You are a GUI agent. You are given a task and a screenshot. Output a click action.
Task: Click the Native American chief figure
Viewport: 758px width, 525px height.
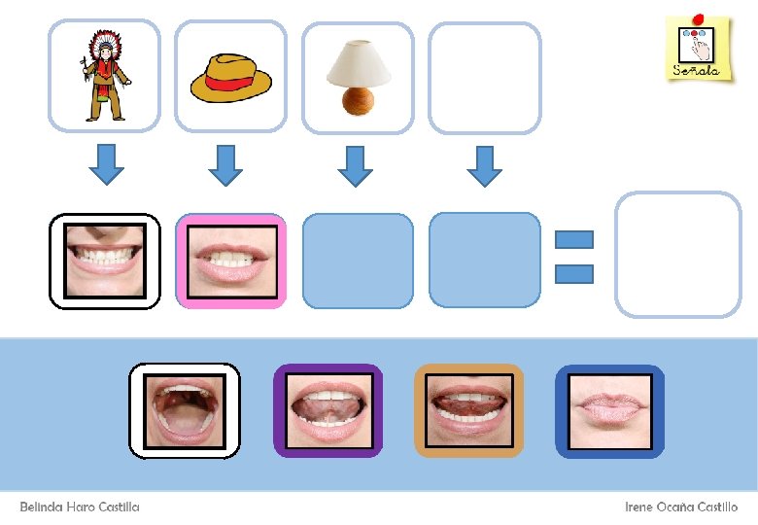[x=103, y=76]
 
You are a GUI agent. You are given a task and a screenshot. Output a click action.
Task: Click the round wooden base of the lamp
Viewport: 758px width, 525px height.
[x=358, y=99]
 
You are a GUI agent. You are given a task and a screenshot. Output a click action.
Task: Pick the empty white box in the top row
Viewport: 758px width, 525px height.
[x=484, y=78]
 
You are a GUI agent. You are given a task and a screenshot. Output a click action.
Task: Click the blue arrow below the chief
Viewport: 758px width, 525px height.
[x=106, y=164]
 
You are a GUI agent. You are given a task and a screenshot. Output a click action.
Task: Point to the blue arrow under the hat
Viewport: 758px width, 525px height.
[x=225, y=164]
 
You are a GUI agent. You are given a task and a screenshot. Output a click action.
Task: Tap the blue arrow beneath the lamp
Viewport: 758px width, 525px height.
[x=355, y=165]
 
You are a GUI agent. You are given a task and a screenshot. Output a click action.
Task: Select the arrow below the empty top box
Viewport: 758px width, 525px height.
[x=484, y=165]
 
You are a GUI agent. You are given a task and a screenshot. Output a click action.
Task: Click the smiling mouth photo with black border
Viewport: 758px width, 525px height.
[x=105, y=261]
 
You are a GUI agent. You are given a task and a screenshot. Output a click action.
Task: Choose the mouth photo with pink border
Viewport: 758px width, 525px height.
[x=231, y=261]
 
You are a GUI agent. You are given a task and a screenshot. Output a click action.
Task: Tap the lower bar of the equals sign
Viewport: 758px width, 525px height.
[x=573, y=273]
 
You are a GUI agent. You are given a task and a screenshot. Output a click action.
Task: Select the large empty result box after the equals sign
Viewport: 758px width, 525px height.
[x=677, y=254]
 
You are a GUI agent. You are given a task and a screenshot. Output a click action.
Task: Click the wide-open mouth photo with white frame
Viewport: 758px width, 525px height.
[x=185, y=410]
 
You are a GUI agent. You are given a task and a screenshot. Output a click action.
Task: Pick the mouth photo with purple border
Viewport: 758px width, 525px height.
[x=327, y=410]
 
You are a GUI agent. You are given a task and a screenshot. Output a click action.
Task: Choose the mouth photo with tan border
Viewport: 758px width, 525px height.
[x=469, y=410]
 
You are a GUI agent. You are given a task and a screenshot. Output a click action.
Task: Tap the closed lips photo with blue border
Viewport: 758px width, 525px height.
[x=609, y=410]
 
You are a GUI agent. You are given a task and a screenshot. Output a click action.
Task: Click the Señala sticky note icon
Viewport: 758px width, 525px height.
[x=698, y=49]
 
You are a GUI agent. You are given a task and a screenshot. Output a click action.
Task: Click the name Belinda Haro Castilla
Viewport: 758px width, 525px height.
[x=80, y=507]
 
